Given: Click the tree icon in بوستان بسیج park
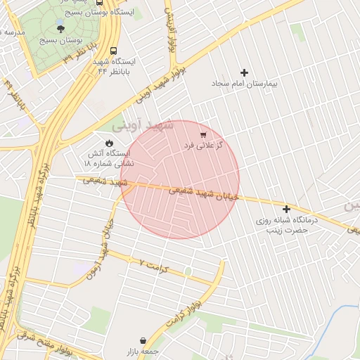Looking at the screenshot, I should pos(61,29).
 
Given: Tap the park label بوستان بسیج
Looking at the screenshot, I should pos(62,41).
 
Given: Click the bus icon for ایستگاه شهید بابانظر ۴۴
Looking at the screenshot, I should pos(103,61).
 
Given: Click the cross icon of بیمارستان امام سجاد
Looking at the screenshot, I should pos(245,72).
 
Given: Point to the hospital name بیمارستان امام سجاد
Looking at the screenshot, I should pos(245,84).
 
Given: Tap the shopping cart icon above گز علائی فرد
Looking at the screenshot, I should pos(203,134).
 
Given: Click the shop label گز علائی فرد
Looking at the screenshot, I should pos(203,145).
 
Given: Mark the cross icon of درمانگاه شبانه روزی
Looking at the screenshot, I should pos(286,209).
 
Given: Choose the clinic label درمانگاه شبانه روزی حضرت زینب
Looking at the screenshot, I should pos(287,225).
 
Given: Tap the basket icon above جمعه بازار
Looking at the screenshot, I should pos(143,340).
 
